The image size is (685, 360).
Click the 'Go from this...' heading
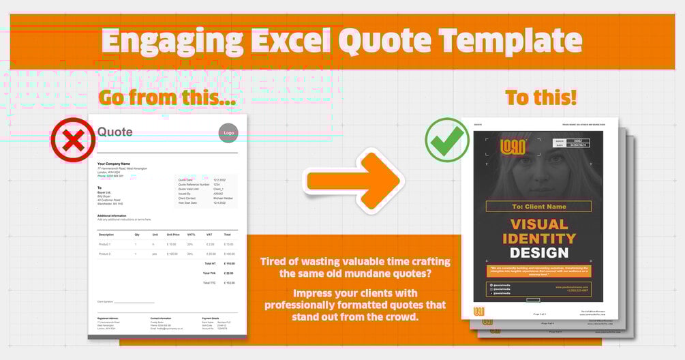[x=168, y=97]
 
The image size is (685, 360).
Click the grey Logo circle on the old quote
[x=228, y=132]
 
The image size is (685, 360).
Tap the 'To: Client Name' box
[x=538, y=207]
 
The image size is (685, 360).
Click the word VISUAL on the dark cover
[x=538, y=224]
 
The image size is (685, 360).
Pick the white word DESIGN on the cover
[x=538, y=253]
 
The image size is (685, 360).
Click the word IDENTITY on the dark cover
[x=538, y=239]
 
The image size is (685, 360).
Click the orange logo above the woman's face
[x=512, y=147]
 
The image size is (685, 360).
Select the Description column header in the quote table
[x=106, y=235]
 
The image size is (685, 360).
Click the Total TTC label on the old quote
[x=210, y=282]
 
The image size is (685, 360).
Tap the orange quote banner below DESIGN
[x=538, y=270]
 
